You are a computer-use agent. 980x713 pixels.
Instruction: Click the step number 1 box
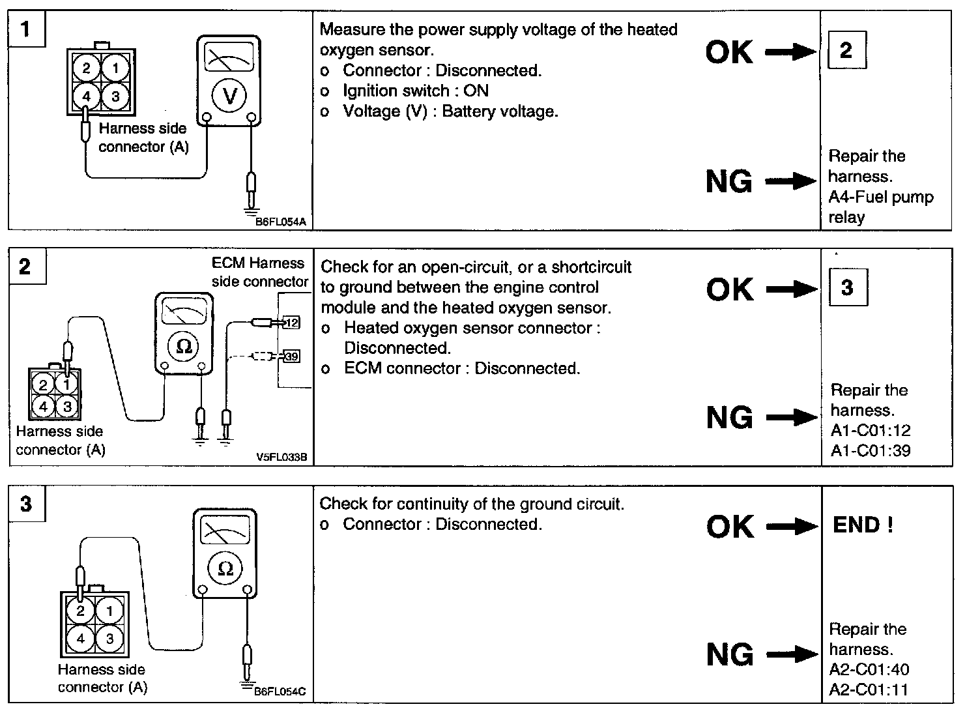[x=26, y=29]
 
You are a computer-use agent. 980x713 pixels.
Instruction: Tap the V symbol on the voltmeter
[x=229, y=96]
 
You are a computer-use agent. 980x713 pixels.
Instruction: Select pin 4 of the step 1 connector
[x=87, y=96]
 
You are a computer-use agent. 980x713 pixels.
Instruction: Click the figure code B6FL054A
[x=280, y=222]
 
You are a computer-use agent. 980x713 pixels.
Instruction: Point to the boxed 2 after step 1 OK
[x=846, y=50]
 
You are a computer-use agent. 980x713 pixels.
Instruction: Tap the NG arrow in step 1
[x=790, y=181]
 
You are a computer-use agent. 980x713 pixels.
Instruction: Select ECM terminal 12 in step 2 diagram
[x=291, y=322]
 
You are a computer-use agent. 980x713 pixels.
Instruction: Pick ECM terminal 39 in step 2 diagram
[x=291, y=356]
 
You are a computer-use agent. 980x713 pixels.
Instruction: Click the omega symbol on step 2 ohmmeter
[x=184, y=346]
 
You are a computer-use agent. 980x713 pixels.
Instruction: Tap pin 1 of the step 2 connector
[x=66, y=385]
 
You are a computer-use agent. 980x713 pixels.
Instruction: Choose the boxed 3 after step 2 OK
[x=847, y=287]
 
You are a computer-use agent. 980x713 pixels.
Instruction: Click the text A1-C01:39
[x=870, y=450]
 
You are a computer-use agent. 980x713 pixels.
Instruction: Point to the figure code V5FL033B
[x=281, y=458]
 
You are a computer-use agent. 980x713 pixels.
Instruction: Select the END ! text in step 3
[x=863, y=525]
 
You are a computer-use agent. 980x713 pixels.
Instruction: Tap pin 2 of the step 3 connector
[x=81, y=611]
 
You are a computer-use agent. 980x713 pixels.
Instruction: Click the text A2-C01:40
[x=869, y=669]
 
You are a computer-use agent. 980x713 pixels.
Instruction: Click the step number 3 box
[x=26, y=504]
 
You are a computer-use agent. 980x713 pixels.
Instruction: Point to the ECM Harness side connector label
[x=259, y=272]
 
